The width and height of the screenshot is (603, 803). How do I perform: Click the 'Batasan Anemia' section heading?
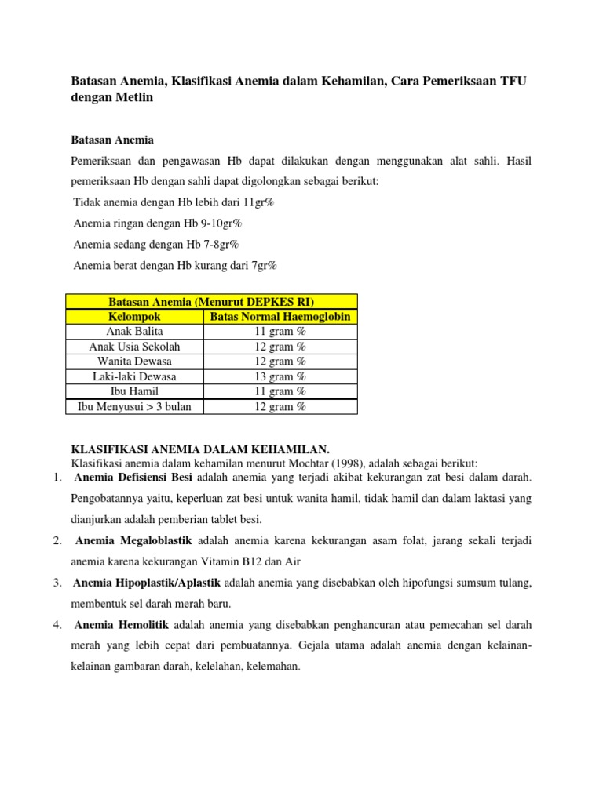113,139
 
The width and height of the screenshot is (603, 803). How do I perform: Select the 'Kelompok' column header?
134,317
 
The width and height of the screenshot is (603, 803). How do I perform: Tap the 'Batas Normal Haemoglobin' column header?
280,317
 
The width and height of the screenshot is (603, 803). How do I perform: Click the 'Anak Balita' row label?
134,332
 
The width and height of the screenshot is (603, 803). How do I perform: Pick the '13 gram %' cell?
280,376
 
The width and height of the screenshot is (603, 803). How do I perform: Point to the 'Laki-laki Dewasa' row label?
134,376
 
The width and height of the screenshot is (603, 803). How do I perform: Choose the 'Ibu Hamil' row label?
134,391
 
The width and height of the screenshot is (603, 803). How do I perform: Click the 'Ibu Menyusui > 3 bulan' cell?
134,406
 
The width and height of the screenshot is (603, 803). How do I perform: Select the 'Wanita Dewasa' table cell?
134,362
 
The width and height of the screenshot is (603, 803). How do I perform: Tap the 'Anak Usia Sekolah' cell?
134,347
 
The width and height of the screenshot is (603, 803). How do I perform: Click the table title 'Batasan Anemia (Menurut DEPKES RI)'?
211,302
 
